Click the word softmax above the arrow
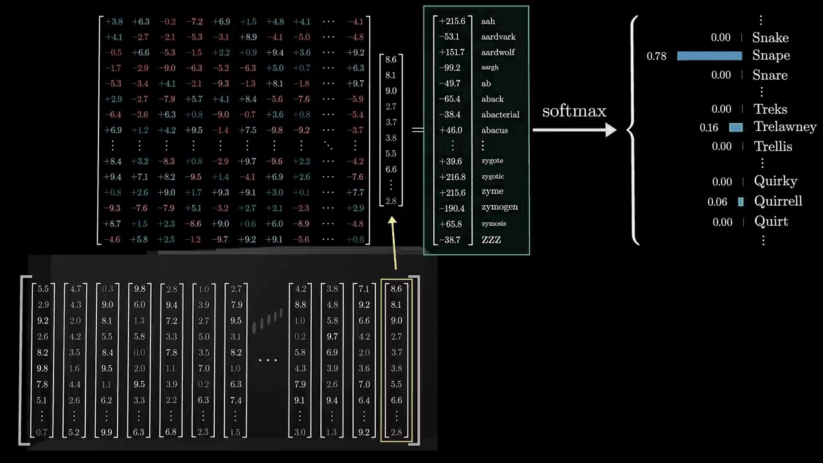point(574,111)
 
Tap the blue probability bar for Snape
point(709,56)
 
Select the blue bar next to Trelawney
point(736,127)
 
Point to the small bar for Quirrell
point(741,202)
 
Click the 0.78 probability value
point(656,57)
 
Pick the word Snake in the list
point(770,38)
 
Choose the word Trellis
point(773,147)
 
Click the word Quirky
point(775,182)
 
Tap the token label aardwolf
point(498,52)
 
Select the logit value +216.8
point(452,177)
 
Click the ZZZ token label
point(491,240)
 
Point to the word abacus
point(494,130)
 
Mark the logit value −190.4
point(452,207)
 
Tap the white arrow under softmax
point(574,130)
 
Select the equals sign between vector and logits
point(417,130)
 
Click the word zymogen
point(499,207)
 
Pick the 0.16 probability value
point(709,128)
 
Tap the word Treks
point(770,109)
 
